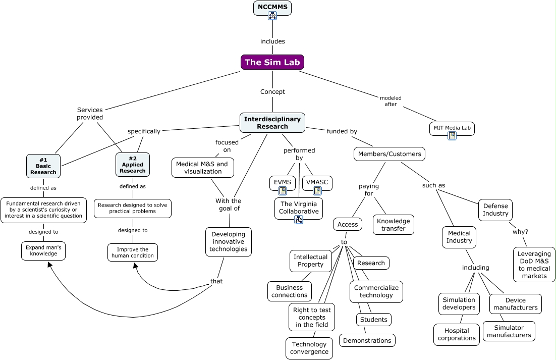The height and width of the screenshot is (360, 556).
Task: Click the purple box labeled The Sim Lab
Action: coord(272,62)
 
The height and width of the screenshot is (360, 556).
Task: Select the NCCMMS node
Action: coord(272,7)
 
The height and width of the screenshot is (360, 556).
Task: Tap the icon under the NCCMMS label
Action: coord(272,16)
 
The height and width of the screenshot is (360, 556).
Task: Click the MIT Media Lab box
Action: coord(452,128)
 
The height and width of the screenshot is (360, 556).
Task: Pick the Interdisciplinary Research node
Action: coord(272,123)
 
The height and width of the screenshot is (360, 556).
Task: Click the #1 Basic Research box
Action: coord(43,166)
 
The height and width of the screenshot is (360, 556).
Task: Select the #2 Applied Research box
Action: coord(133,165)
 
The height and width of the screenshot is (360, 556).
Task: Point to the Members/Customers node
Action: coord(389,154)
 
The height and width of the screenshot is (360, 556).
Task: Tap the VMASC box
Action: coord(317,182)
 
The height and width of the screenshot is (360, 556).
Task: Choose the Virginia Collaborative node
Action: coord(299,208)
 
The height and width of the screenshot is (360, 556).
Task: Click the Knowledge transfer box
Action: coord(394,225)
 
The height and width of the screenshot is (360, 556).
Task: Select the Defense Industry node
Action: coord(495,210)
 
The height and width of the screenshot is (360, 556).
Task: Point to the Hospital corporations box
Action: coord(457,334)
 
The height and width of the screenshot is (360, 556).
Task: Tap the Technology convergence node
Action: coord(309,348)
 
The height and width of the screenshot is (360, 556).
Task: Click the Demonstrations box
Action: coord(367,340)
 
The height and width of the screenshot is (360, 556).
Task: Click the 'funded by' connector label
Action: coord(342,131)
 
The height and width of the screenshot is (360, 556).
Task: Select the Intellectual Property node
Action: coord(311,261)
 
